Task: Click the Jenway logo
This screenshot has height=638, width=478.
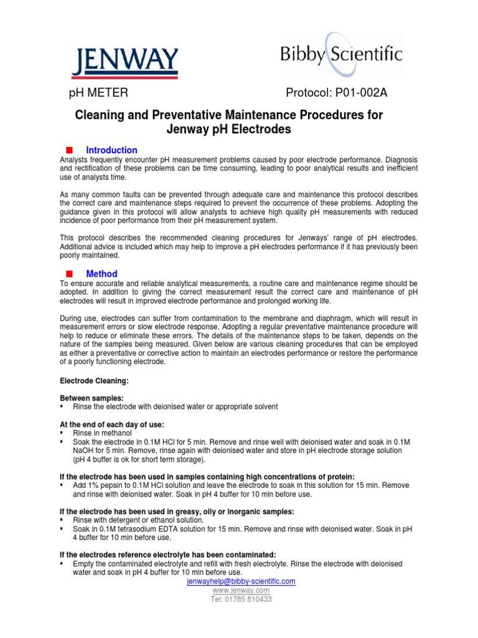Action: click(126, 62)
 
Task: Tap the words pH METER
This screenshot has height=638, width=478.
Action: click(98, 93)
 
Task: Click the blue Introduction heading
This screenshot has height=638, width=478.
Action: click(111, 150)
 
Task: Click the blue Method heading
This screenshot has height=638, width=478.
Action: click(101, 274)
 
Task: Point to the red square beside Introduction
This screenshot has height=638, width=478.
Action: click(69, 150)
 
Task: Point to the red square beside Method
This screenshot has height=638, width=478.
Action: click(69, 274)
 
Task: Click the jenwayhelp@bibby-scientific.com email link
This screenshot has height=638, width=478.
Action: click(241, 581)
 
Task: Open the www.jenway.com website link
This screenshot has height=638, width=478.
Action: click(241, 590)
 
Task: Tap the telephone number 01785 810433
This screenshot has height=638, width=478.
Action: click(249, 599)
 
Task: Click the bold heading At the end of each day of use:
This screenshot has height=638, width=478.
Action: click(111, 424)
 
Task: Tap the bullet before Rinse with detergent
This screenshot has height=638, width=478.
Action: click(62, 520)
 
